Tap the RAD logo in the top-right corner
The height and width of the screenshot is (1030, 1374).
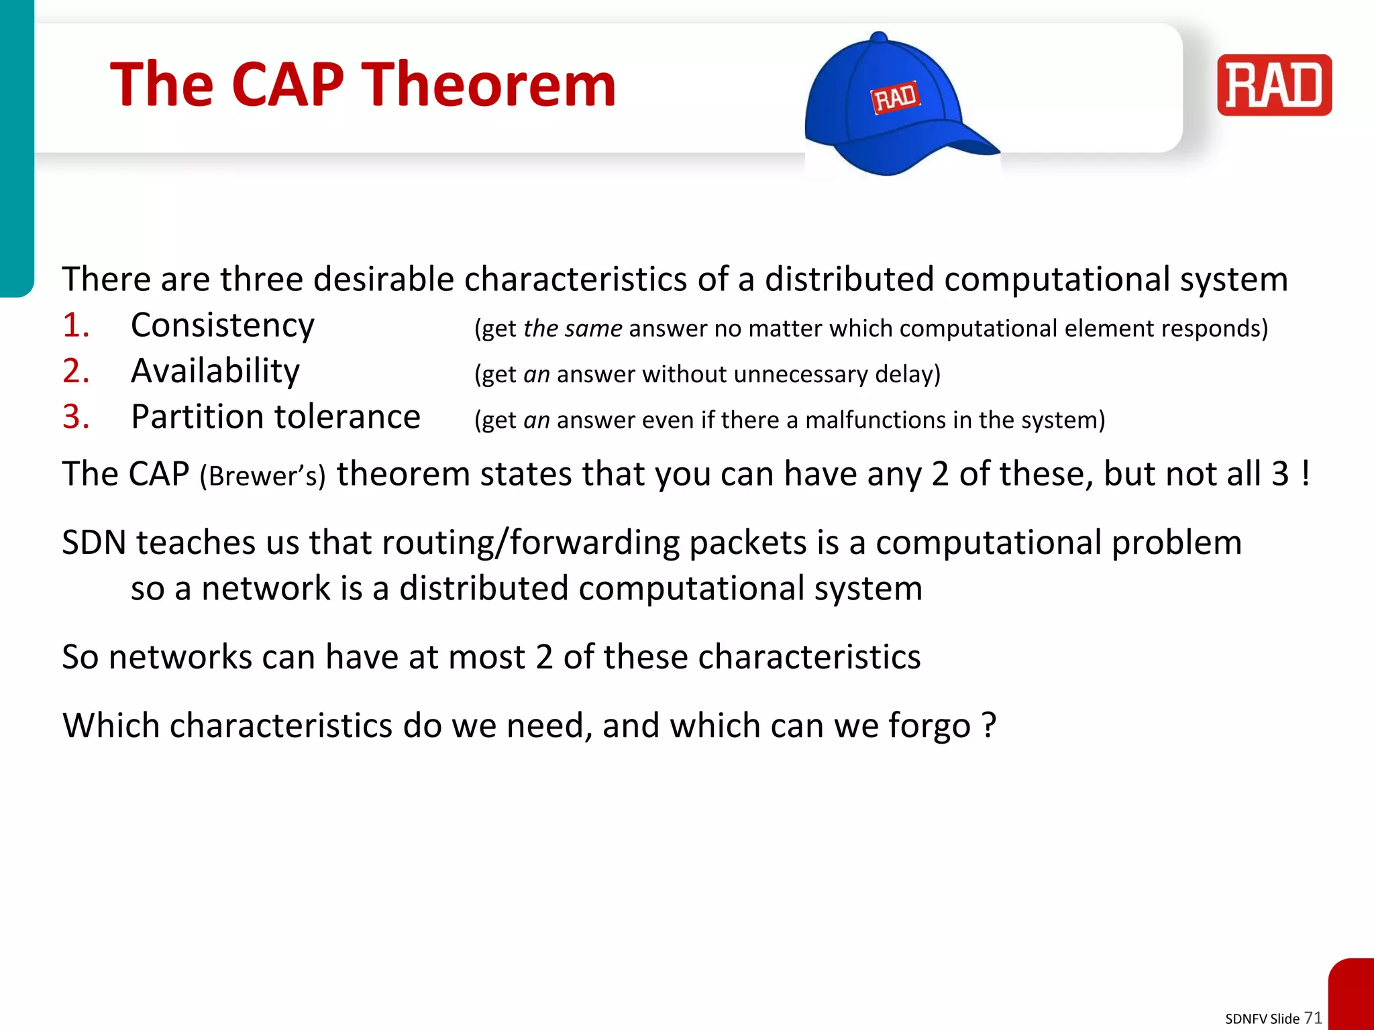tap(1273, 85)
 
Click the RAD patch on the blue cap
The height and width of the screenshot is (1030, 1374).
tap(895, 98)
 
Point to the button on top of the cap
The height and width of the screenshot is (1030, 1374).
tap(878, 38)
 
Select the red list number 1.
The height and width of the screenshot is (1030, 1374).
tap(75, 326)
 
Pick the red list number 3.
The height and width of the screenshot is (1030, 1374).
tap(75, 417)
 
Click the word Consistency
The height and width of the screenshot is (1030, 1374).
tap(222, 326)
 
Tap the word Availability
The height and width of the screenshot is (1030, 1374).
tap(215, 371)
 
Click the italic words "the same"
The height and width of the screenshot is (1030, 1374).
tap(572, 329)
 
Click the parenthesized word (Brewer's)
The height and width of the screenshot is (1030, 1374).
tap(262, 476)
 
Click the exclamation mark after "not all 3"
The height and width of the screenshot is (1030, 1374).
tap(1305, 473)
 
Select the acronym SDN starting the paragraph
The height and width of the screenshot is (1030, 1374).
tap(94, 542)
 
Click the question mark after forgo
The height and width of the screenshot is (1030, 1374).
tap(988, 725)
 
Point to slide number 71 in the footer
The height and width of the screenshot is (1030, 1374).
tap(1312, 1018)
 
